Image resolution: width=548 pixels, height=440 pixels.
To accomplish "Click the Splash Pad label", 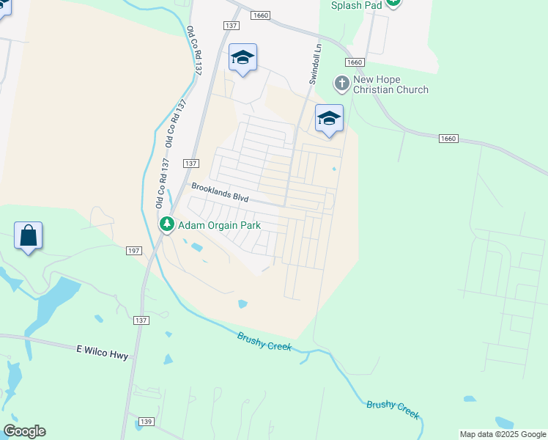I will tap(356, 5).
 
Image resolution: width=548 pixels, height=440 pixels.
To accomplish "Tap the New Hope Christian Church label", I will tap(390, 84).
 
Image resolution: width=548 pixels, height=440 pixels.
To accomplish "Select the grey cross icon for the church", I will tap(341, 83).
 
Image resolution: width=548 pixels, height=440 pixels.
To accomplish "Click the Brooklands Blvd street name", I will tap(220, 192).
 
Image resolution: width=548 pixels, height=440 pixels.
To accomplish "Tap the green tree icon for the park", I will tap(167, 224).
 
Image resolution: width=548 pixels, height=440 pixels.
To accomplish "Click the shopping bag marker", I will tap(29, 237).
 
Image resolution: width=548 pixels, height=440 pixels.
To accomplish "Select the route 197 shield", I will tap(133, 251).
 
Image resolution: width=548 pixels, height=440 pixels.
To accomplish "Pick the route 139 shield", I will tap(146, 421).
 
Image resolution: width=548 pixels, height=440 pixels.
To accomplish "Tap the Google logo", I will tap(24, 431).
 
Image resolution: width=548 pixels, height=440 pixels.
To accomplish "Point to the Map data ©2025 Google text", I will tap(502, 434).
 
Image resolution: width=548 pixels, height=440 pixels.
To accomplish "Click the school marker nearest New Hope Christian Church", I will tap(329, 119).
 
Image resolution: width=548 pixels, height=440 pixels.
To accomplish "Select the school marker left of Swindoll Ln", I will tap(242, 58).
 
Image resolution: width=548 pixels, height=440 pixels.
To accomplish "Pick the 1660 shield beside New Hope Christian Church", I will tap(356, 63).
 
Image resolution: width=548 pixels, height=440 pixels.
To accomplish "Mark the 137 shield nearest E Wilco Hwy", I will tap(141, 321).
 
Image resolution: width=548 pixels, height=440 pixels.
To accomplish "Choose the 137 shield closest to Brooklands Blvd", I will tap(190, 163).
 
